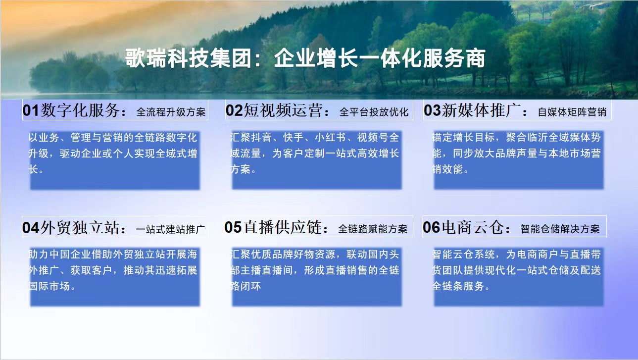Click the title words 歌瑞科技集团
click(188, 58)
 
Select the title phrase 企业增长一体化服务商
click(380, 58)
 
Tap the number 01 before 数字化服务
click(31, 110)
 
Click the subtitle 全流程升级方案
click(171, 112)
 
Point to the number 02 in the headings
click(234, 110)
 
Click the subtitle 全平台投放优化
click(374, 112)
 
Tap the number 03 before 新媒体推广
click(433, 110)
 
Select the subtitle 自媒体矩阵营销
click(572, 112)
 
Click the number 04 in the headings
click(31, 228)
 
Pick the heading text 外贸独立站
click(80, 228)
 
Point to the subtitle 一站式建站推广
click(171, 229)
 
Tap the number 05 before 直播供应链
click(233, 227)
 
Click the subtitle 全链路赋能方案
click(373, 229)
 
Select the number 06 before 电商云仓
click(431, 227)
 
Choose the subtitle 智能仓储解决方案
click(560, 229)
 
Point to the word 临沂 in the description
click(538, 138)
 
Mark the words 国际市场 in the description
click(49, 286)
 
